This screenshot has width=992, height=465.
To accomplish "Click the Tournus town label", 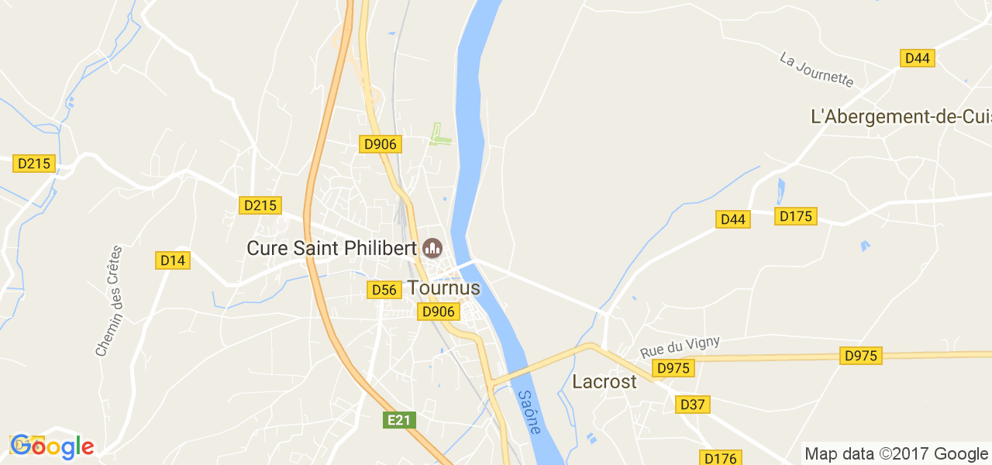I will pos(444,288).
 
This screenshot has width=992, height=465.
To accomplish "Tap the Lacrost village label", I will pos(604,381).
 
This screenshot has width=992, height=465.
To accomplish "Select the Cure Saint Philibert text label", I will pos(332,248).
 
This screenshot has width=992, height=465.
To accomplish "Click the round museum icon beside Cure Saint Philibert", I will pos(432,248).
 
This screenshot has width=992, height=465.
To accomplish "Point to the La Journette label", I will pos(816,70).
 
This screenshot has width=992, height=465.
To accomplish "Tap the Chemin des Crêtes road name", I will pos(110,301).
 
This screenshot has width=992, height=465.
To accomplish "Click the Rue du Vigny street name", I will pos(680,346).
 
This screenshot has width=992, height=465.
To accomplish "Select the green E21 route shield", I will pos(399,420).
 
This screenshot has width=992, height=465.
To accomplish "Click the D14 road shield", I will pos(173,260).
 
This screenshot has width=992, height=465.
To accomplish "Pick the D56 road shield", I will pos(384,290).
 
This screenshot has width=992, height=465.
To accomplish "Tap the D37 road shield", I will pos(693,405).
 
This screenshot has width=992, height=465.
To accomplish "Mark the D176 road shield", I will pos(720,458).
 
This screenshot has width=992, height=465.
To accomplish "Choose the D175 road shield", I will pos(796,216).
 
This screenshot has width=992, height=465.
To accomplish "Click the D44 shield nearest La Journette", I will pos(918,58).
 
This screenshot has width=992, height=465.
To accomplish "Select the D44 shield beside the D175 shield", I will pos(732,219).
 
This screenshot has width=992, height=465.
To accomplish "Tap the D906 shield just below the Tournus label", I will pos(436,312).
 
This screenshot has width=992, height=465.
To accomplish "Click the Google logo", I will pos(52,446).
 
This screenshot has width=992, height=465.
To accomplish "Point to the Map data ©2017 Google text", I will pos(896,454).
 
